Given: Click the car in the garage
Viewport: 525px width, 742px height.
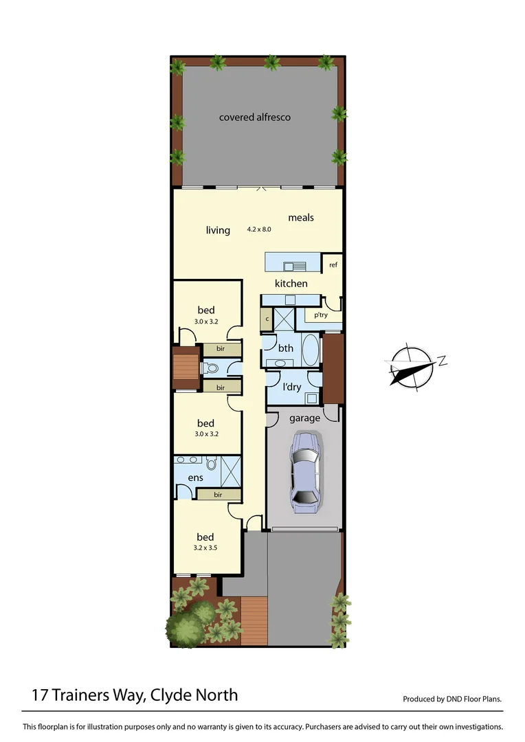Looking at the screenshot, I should point(304,472).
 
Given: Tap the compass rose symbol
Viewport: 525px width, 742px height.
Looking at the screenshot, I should point(410,366).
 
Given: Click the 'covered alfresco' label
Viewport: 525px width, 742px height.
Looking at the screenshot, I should point(255,117).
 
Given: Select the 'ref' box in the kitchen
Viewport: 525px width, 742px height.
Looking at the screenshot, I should point(333,265).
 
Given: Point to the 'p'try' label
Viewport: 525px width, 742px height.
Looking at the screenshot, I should point(320,315).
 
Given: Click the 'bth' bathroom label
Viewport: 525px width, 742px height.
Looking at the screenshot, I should point(286,348).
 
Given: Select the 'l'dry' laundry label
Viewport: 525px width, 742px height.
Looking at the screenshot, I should point(292,387).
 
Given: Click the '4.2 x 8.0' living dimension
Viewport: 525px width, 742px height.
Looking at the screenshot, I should point(260,229).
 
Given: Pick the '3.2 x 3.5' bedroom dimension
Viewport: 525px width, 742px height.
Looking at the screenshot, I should point(205,548).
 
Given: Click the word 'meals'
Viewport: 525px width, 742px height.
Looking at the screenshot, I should point(301,218).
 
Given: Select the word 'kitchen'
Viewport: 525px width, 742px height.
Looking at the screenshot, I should point(291,284).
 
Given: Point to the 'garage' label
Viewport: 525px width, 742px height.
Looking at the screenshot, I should point(304,418).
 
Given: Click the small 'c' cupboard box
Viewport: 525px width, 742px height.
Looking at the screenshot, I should point(267,319).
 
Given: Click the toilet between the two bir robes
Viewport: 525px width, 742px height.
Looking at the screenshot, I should point(212,368).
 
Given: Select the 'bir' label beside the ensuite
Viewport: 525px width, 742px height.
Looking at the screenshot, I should point(218,494).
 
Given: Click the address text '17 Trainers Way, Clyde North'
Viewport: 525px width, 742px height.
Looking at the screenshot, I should point(135,695).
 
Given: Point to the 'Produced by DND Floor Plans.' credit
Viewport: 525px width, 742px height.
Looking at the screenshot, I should point(452,699).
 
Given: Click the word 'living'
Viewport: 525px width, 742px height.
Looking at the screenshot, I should point(218,230).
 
